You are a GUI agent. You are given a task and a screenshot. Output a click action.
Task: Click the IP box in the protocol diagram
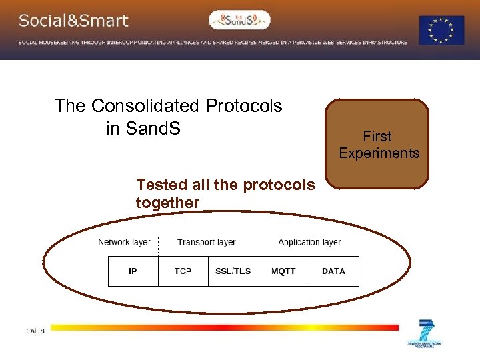tap(133, 271)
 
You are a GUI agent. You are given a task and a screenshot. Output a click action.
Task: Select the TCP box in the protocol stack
tap(183, 271)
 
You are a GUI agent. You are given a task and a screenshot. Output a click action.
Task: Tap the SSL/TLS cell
tap(233, 271)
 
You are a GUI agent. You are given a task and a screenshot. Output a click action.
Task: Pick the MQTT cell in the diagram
tap(283, 271)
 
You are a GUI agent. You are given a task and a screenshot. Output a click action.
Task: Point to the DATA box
tap(333, 271)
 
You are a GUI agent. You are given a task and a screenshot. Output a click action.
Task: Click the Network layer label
tap(124, 242)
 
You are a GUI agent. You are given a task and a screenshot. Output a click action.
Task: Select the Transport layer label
tap(207, 242)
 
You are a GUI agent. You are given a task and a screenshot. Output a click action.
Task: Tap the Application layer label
tap(309, 242)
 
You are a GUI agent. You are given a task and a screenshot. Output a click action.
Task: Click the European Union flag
tap(441, 30)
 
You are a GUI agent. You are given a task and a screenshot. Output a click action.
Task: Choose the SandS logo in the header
tap(240, 20)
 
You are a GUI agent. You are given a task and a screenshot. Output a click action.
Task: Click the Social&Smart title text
tap(73, 21)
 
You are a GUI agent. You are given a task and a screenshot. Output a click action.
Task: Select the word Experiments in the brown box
tap(379, 153)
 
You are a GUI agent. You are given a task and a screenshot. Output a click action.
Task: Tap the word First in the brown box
tap(377, 137)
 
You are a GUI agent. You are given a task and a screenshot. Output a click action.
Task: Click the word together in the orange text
tap(167, 203)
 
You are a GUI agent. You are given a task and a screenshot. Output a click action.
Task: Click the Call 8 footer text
tap(35, 331)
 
